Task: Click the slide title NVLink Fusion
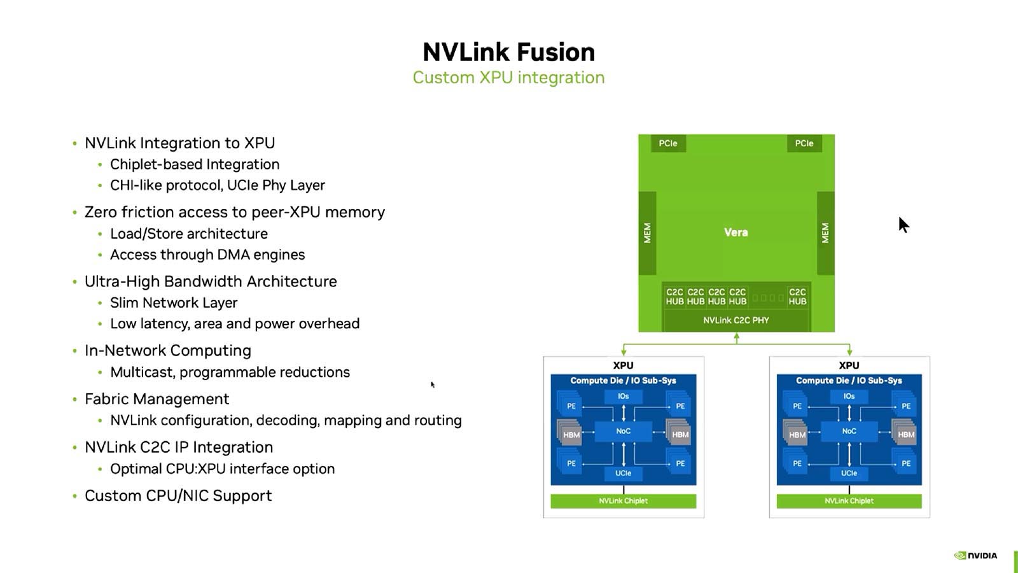(508, 52)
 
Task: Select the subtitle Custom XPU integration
(508, 78)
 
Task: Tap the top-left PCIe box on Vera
(668, 143)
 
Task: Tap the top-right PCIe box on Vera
(804, 143)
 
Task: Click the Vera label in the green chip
(736, 232)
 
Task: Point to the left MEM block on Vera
(647, 233)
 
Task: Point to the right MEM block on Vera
(825, 233)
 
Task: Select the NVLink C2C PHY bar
(736, 320)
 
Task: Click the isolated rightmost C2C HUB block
(797, 297)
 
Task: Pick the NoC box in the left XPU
(623, 432)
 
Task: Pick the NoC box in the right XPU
(849, 432)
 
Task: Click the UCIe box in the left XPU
(623, 473)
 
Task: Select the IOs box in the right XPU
(849, 396)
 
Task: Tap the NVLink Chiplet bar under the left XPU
(623, 501)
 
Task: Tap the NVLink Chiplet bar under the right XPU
(849, 501)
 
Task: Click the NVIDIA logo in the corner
(976, 556)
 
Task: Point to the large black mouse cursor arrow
(903, 225)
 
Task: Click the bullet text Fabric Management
(157, 399)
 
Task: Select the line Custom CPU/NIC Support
(178, 496)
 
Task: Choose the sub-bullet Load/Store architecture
(189, 234)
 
